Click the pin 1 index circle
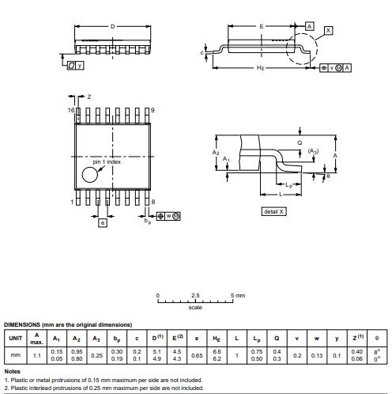click(90, 175)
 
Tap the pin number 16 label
click(71, 110)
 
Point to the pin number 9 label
click(153, 110)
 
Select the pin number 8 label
click(153, 202)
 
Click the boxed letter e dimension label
click(103, 223)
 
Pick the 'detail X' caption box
click(273, 211)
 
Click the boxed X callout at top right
click(328, 30)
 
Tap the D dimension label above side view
click(112, 26)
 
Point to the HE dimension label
click(261, 68)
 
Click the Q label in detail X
click(300, 142)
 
